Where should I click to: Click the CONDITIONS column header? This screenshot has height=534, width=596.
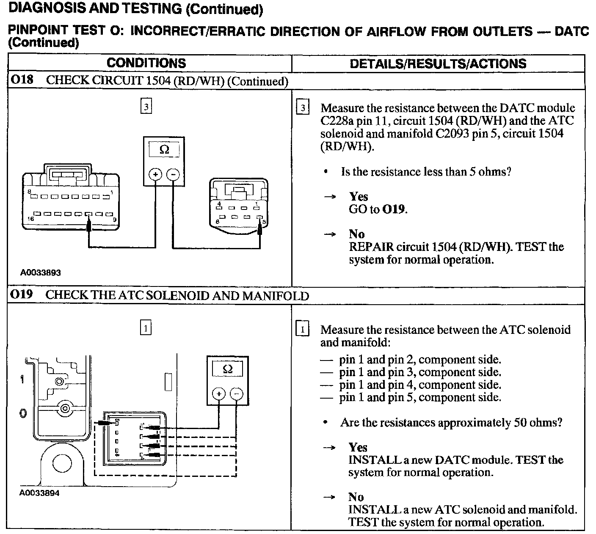point(146,63)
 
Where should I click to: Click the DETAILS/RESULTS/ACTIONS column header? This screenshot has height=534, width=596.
point(438,64)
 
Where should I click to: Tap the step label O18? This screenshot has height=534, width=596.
point(22,80)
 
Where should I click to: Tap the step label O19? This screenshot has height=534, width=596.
point(22,295)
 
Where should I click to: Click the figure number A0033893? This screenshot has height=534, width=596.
point(41,273)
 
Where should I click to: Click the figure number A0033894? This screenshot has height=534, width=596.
point(39,493)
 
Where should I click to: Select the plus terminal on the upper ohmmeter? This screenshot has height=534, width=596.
point(155,174)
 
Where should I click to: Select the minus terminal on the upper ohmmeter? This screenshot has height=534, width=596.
point(173,174)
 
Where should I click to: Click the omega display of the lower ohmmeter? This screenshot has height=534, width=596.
point(227,369)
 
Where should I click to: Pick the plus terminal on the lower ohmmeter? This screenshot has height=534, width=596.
point(218,394)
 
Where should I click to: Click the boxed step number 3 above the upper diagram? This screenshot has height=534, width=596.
point(146,107)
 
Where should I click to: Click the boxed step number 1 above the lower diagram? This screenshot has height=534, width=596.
point(146,328)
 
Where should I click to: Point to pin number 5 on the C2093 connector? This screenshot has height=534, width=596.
point(264,221)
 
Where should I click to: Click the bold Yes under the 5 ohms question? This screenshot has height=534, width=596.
point(358,196)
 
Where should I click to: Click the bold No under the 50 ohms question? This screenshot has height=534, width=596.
point(356,497)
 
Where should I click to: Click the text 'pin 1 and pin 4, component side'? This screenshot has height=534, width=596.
point(419,385)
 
